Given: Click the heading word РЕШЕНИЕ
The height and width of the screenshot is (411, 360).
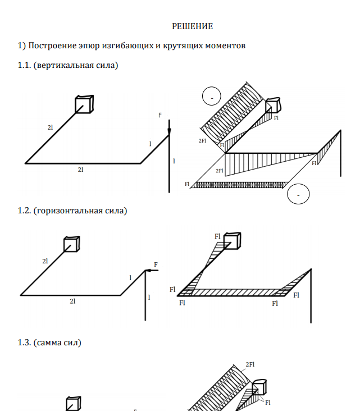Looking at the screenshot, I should click(x=192, y=26).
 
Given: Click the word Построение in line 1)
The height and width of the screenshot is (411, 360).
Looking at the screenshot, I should click(x=51, y=45).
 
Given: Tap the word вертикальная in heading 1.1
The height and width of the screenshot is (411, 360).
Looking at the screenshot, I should click(x=65, y=66).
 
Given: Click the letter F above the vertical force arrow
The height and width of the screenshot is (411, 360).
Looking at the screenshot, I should click(x=160, y=115).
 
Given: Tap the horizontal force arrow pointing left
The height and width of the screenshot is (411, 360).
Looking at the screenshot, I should click(x=152, y=271).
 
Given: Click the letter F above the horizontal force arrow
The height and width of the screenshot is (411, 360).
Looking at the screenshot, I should click(x=156, y=264).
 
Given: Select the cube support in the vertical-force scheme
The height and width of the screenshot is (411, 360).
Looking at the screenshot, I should click(x=84, y=104).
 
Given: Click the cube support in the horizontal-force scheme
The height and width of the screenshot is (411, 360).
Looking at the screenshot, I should click(x=71, y=244).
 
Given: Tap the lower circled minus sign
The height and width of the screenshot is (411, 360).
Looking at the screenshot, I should click(x=298, y=195).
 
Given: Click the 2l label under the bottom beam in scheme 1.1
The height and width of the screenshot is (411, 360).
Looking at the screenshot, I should click(x=81, y=169).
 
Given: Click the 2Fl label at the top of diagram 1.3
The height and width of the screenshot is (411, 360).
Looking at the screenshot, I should click(x=250, y=364).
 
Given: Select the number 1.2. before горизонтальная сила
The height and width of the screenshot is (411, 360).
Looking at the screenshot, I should click(x=25, y=211).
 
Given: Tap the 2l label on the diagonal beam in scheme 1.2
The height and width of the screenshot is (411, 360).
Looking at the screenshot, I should click(x=45, y=261).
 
